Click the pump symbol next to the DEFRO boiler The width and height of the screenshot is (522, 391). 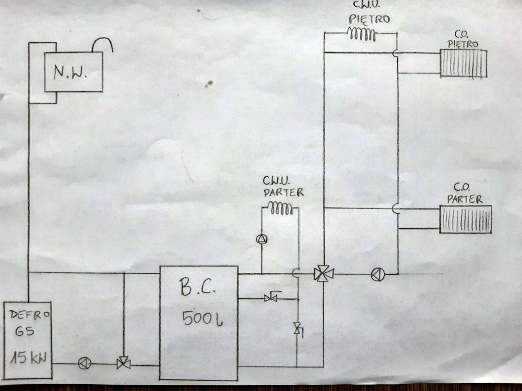[84, 363]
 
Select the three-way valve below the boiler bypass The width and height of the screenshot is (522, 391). [124, 363]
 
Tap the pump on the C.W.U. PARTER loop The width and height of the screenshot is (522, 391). [261, 239]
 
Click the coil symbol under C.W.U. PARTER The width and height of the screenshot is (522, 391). [281, 210]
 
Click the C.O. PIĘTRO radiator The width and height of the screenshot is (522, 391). [464, 63]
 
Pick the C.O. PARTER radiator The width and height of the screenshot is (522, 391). [466, 219]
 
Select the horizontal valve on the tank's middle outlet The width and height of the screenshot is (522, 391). [271, 298]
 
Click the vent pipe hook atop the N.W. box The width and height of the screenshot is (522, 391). [103, 45]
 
